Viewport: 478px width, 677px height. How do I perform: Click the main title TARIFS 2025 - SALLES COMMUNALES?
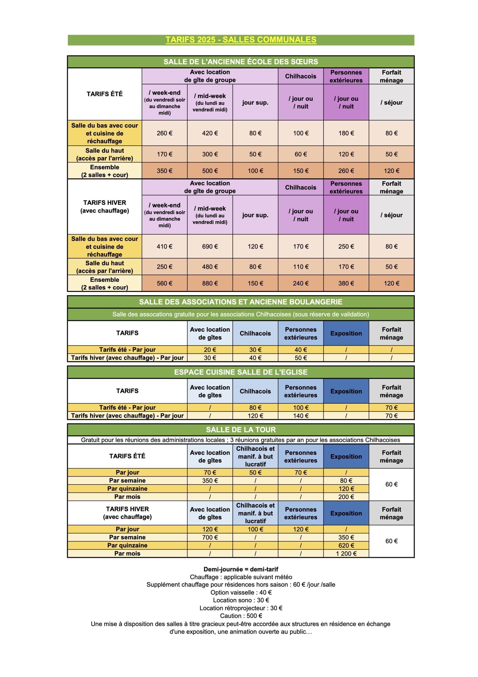241,40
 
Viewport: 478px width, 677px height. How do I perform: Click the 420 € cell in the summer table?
210,133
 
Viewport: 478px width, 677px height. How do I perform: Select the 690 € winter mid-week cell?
210,246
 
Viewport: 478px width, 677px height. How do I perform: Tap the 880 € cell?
210,283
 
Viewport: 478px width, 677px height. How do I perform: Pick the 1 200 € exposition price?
346,554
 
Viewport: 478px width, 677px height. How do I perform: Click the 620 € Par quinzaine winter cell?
346,545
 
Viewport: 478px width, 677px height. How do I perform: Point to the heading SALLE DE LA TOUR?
241,430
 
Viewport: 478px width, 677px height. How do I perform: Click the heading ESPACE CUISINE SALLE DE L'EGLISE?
241,372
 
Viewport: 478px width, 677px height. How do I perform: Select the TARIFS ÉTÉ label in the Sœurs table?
105,94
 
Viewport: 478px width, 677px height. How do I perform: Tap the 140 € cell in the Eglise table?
301,415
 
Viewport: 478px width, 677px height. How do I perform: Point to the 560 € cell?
164,283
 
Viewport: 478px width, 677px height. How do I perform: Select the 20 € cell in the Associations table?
210,349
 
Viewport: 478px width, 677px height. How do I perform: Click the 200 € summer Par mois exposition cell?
346,497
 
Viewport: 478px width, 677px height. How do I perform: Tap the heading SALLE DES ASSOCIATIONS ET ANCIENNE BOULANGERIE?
241,302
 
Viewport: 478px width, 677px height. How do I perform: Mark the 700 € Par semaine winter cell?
210,537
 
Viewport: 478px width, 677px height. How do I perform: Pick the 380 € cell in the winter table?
346,283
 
